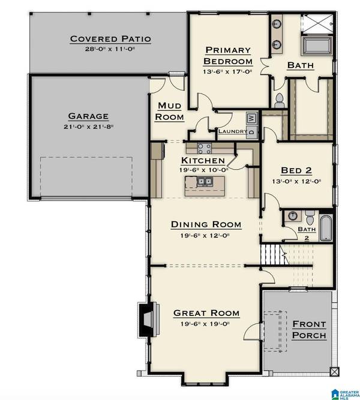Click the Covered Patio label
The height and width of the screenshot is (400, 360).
coord(110,39)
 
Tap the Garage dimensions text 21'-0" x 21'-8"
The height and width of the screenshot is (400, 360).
coord(88,127)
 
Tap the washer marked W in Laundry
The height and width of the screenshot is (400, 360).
coord(251,118)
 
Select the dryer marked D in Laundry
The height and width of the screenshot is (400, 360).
coord(251,130)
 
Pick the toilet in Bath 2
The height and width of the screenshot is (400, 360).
coord(308,216)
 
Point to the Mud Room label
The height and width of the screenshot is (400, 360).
coord(169,112)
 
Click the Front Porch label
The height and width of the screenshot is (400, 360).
coord(309,330)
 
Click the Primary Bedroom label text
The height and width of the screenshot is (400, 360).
coord(227,56)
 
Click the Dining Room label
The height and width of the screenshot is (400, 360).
coord(206,224)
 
